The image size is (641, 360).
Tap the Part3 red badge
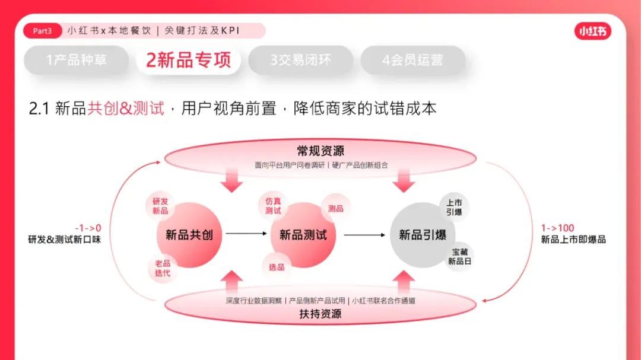coord(42,31)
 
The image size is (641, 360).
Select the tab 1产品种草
coord(77,60)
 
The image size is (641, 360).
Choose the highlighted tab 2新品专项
coord(188,60)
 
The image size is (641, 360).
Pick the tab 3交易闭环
coord(300,60)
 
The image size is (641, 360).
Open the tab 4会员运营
coord(412,60)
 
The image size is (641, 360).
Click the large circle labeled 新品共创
coord(189,235)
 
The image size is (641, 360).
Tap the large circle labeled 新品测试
coord(303,235)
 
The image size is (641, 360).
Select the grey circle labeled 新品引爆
coord(423,235)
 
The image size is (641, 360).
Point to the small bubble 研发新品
coord(160,206)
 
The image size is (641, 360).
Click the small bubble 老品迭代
coord(162,268)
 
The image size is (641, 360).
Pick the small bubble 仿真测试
coord(273,206)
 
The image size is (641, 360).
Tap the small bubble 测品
coord(335,208)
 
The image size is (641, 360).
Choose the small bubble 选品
coord(277,267)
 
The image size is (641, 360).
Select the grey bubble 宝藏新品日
coord(459,256)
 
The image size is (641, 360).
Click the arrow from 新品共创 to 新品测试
coord(246,234)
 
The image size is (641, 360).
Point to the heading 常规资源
coord(320,151)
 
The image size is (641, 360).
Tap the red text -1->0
coord(88,228)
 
